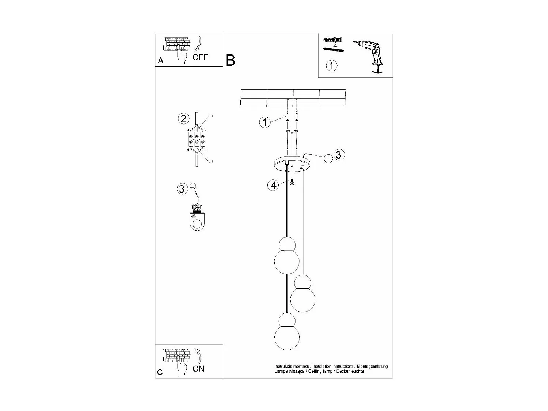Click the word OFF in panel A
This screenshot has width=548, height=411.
point(200,57)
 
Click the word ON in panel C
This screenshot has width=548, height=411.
point(198,369)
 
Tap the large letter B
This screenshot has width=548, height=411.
point(231,60)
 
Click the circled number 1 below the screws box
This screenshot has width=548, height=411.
point(331,66)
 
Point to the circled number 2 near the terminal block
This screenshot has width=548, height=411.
point(183,118)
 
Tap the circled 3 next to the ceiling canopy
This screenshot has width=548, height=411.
point(338,155)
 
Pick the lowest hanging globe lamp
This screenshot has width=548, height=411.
point(287,333)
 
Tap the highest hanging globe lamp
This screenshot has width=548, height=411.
point(287,256)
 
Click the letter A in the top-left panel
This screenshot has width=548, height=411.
point(161,61)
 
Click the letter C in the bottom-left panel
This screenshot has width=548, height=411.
point(160,372)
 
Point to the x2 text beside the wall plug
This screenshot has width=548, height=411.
point(335,45)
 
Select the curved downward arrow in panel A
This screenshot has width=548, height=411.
point(199,43)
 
